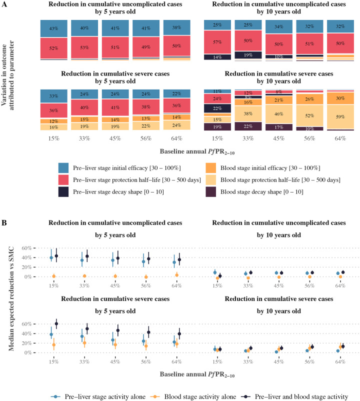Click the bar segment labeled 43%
[53, 28]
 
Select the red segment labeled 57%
[217, 42]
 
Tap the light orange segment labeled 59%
[340, 116]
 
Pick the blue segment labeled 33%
[53, 96]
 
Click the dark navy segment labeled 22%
[217, 108]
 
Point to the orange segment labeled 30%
[340, 98]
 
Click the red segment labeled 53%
[84, 47]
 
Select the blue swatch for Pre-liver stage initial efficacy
[63, 168]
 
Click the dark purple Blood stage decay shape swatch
[210, 192]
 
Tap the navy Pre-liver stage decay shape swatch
[63, 192]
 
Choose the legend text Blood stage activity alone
[200, 396]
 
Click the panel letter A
[4, 4]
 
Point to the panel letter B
[4, 222]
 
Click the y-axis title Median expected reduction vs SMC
[11, 298]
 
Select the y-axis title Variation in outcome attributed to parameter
[7, 75]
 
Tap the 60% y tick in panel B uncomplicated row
[27, 248]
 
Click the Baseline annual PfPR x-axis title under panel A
[197, 151]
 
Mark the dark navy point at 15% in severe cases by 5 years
[56, 324]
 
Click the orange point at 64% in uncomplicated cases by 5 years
[176, 275]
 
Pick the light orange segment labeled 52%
[309, 115]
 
